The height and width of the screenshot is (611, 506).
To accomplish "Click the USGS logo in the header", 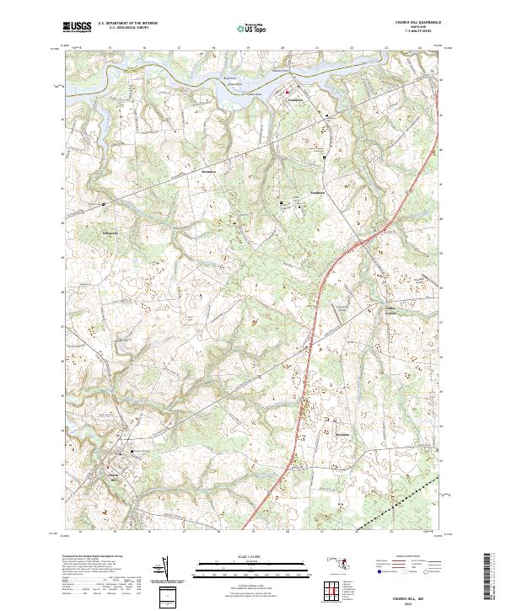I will [x=78, y=28].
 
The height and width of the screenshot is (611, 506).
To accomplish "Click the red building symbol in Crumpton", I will [x=287, y=91].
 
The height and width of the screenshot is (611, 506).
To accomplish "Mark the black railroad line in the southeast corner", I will [x=405, y=499].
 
